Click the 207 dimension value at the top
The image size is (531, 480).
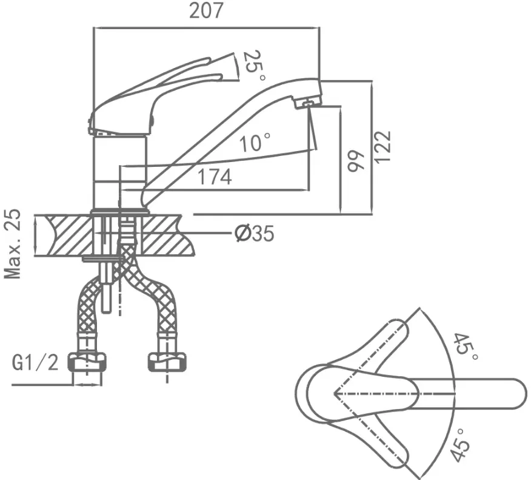(206, 10)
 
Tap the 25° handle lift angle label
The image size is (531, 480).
(253, 66)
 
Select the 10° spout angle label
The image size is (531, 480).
(255, 142)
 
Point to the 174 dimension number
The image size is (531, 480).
(215, 177)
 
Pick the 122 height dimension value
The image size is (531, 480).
(382, 146)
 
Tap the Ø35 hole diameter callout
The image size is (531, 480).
(255, 233)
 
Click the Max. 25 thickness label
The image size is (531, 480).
(13, 244)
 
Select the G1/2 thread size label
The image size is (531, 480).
(35, 363)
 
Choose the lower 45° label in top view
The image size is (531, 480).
(461, 444)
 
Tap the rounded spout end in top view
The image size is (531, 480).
(515, 394)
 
